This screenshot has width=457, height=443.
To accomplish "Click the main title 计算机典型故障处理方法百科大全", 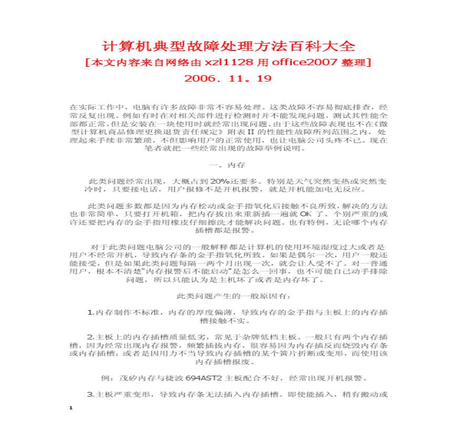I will [x=228, y=45].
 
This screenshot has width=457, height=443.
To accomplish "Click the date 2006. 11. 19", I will [x=228, y=78].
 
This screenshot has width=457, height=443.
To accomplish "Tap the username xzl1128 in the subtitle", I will [x=228, y=63].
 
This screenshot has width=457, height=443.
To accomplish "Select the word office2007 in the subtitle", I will [x=296, y=63].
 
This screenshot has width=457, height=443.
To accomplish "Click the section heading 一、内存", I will [x=228, y=165].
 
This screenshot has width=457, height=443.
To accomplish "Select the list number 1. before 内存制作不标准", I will [x=90, y=312].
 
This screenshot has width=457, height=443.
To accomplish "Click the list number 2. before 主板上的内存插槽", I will [x=90, y=337].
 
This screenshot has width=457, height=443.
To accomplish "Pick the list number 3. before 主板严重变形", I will [x=90, y=394].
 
